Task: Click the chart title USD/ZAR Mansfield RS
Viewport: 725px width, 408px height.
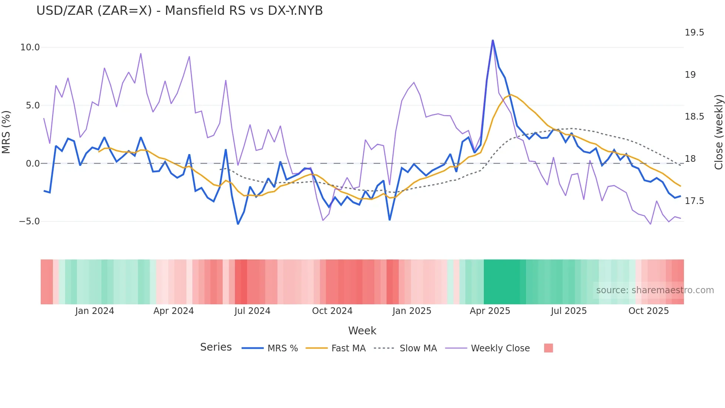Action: point(179,11)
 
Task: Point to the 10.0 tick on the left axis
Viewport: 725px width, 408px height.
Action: point(30,47)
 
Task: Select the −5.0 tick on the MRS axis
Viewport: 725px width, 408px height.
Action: point(29,221)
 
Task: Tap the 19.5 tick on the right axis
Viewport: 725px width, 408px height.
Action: point(694,33)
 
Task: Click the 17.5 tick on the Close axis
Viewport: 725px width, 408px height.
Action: point(694,201)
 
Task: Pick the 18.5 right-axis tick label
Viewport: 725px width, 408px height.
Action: point(694,117)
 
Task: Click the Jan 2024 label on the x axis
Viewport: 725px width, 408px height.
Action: point(94,311)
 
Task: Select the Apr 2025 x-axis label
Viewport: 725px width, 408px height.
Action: point(490,311)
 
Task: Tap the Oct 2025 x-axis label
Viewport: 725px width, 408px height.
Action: point(648,311)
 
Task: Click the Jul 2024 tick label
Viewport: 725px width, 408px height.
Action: point(252,311)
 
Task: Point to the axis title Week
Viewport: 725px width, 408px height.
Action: point(362,331)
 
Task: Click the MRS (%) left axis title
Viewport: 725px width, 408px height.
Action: point(6,132)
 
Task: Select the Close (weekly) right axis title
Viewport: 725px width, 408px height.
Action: point(718,132)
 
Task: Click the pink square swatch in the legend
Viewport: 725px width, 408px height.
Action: point(549,348)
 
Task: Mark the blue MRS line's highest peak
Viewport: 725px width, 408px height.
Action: point(493,40)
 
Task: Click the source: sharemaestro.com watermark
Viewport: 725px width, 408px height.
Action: point(655,290)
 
